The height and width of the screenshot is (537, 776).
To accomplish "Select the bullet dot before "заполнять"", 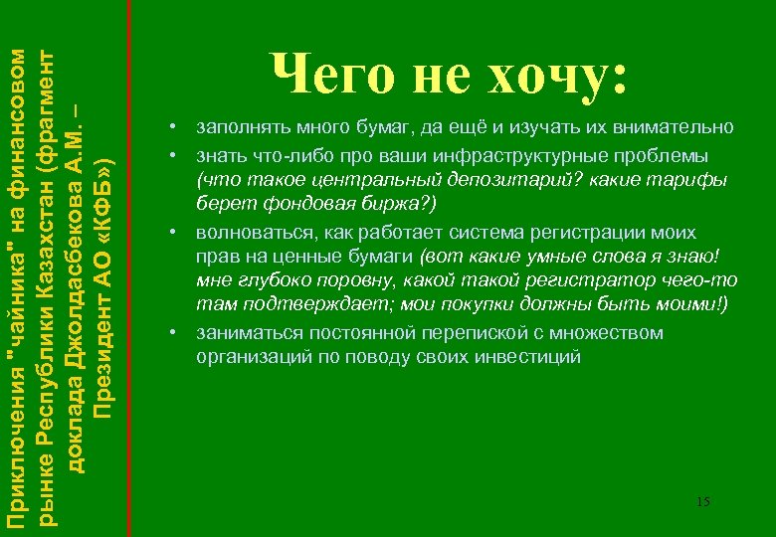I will [172, 127].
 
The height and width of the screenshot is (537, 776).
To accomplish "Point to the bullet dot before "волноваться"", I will [172, 232].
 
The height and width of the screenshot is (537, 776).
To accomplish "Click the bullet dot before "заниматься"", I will [172, 333].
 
